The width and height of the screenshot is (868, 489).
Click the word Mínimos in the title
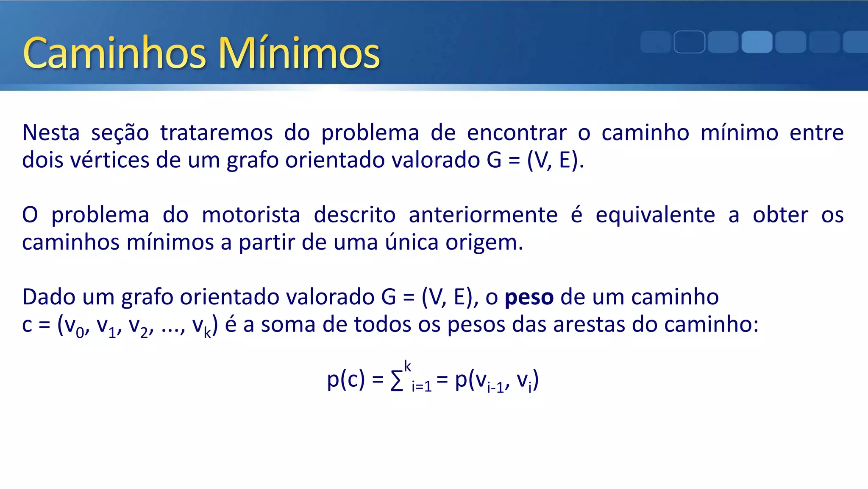coord(299,53)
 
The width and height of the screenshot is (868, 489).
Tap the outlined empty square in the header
coord(689,42)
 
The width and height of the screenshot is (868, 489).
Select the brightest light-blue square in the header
coord(757,42)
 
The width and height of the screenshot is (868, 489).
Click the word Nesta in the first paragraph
coord(51,133)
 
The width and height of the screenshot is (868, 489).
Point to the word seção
coord(120,133)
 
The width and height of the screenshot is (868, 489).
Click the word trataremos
coord(216,133)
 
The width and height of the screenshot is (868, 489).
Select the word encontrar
coord(517,133)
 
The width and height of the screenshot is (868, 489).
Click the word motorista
coord(251,215)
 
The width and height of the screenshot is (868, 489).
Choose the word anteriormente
coord(483,215)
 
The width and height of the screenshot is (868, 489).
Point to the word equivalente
coord(655,215)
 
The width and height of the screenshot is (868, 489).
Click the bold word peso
coord(529,297)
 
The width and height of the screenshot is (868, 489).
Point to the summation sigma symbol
coord(397,381)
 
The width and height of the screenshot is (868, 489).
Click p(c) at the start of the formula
coord(346,379)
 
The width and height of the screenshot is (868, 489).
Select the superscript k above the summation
coord(407,366)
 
